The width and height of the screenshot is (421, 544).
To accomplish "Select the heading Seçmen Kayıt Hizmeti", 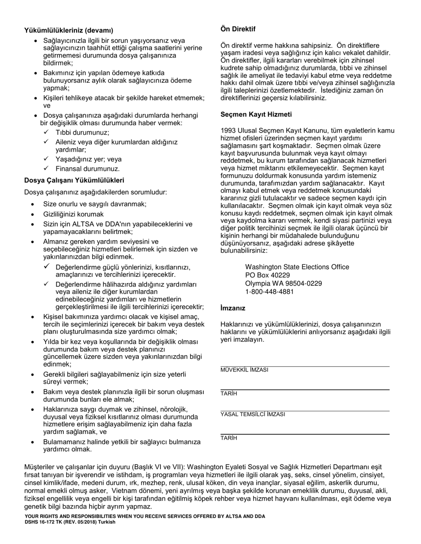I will tap(256, 114).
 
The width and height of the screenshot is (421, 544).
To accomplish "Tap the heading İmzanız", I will tap(233, 308).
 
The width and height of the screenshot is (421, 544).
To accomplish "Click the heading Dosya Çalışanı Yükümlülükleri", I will tap(74, 180).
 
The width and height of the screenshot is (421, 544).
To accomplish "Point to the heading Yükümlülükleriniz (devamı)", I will tap(69, 31).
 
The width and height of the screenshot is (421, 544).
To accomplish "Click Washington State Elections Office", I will tap(297, 267).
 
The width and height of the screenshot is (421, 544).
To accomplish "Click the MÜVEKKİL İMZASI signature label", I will tap(244, 370).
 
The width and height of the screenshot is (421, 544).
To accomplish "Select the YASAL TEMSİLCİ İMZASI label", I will tap(253, 414).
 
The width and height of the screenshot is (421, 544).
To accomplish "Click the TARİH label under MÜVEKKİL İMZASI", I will tap(229, 393).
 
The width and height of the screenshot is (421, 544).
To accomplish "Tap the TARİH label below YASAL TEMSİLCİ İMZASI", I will tap(229, 438).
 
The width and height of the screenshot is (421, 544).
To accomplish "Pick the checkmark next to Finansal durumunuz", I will tap(46, 169).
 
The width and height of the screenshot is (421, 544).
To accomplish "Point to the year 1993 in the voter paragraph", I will tap(228, 130).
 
